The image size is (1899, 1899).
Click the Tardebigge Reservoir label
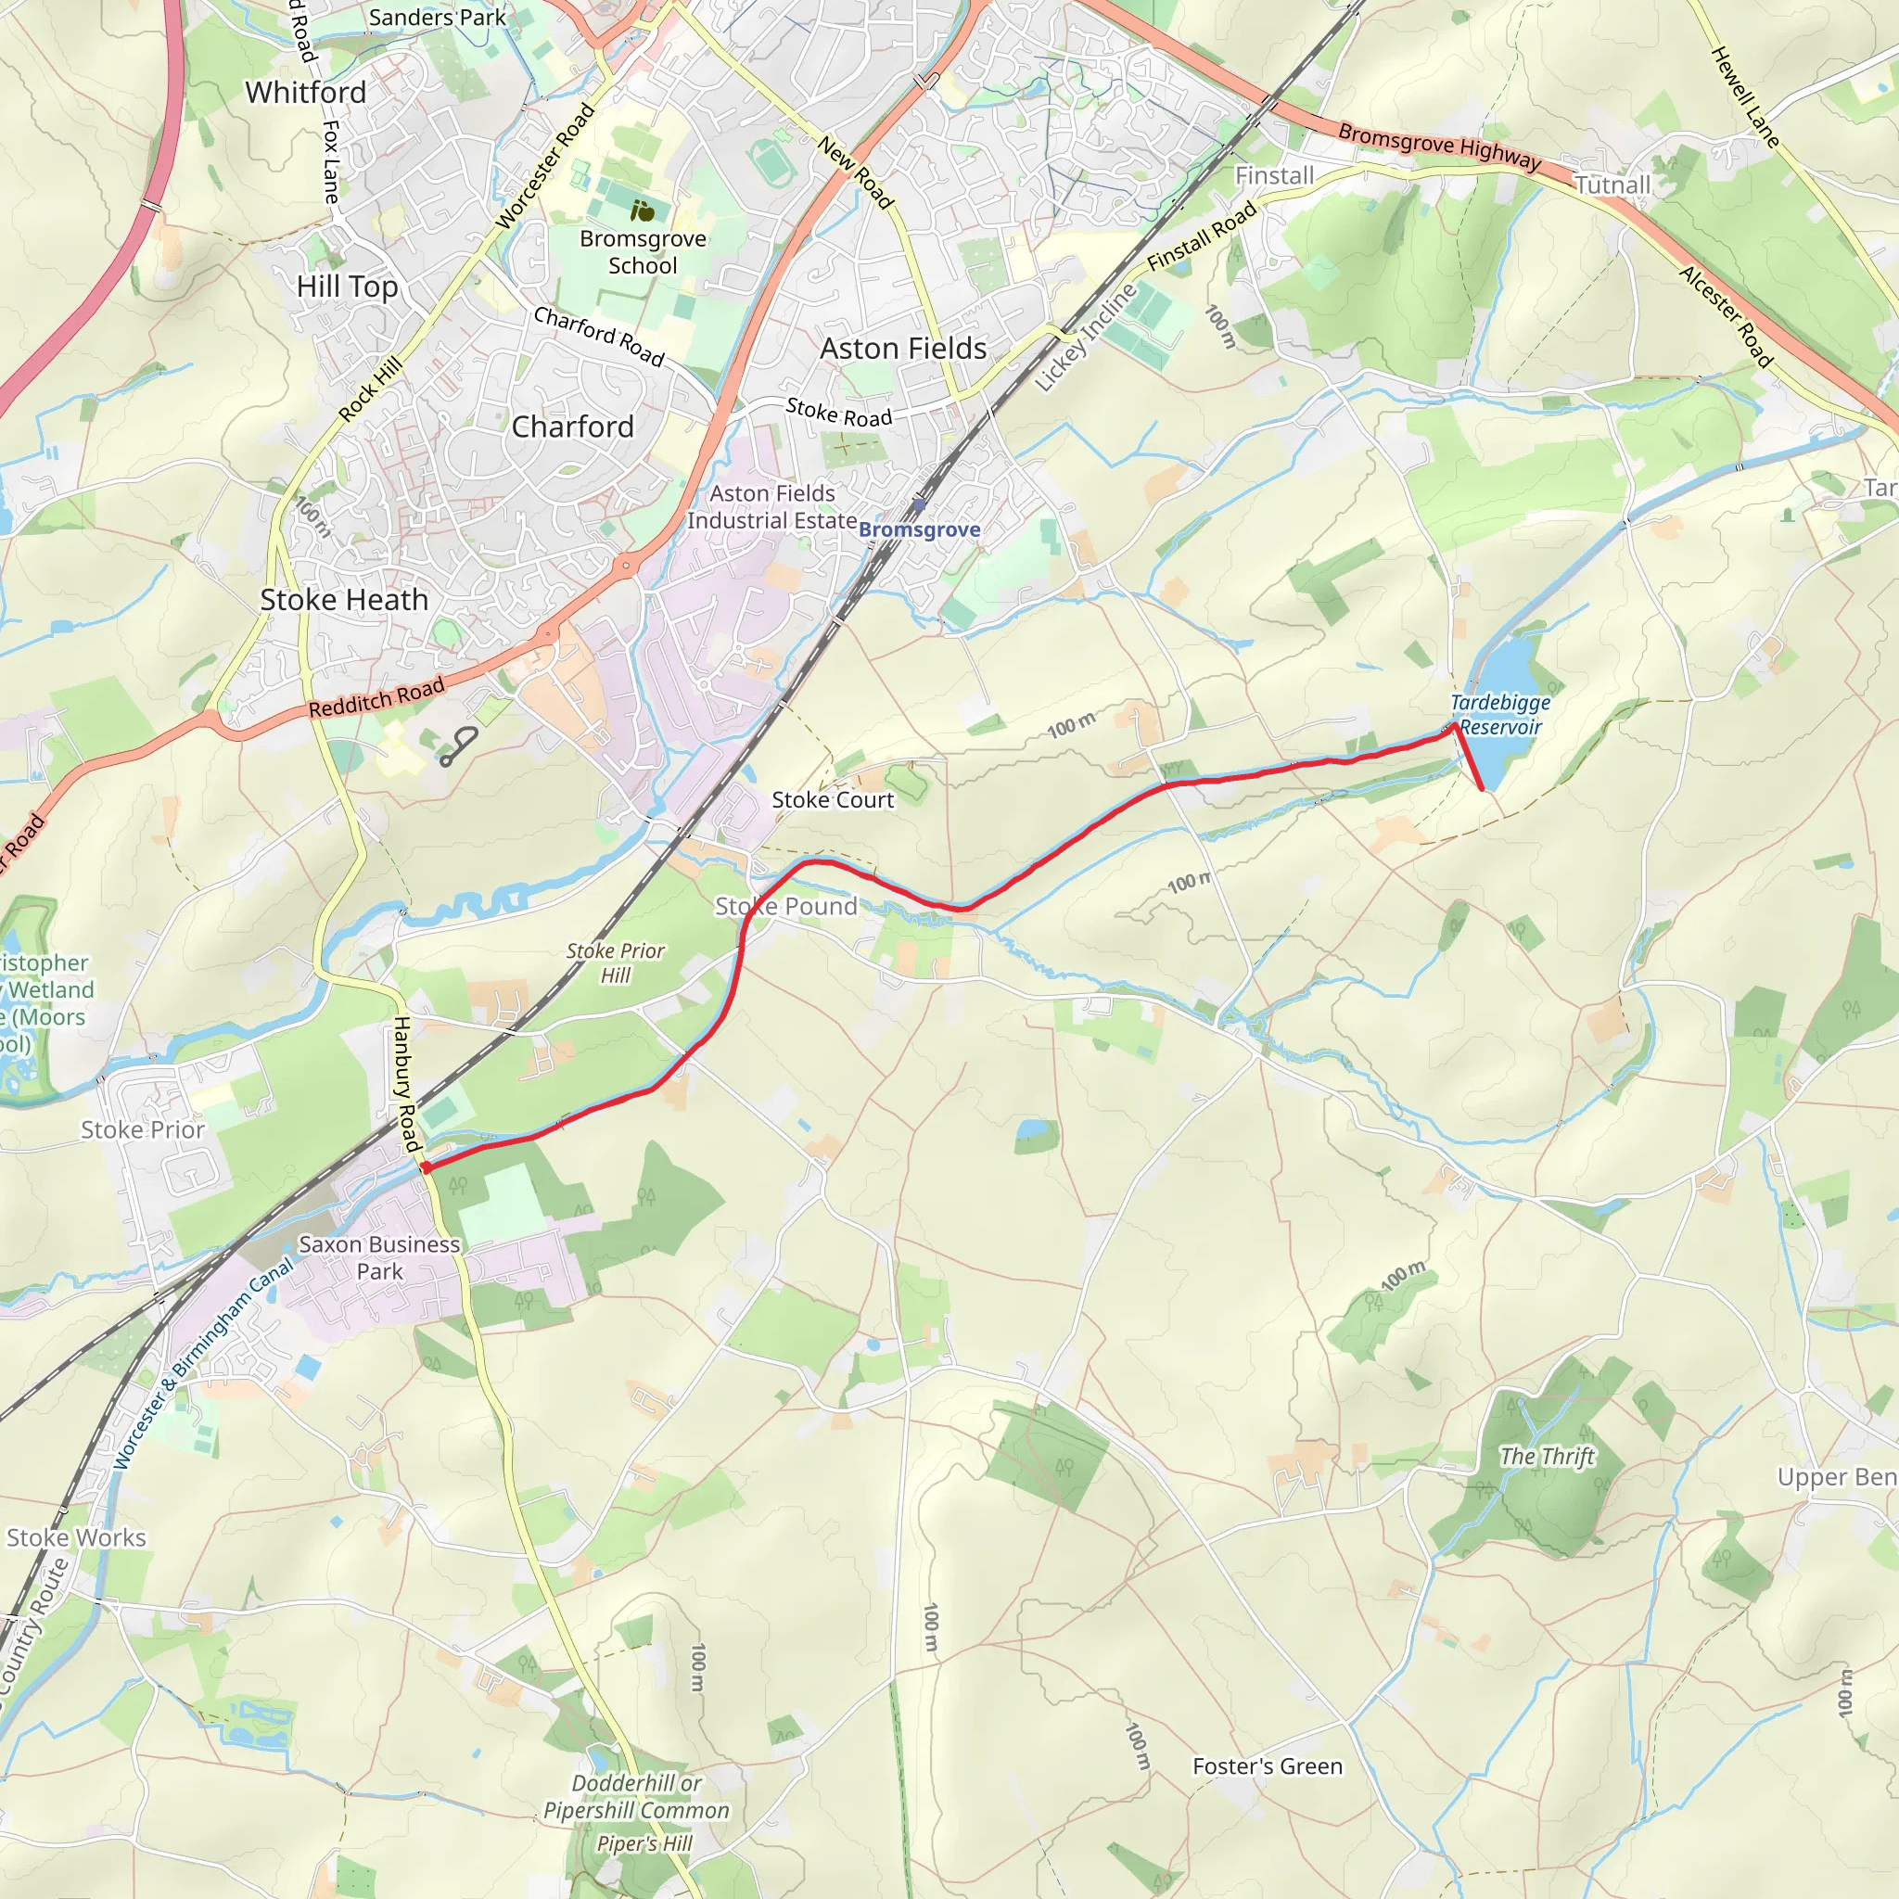coord(1500,715)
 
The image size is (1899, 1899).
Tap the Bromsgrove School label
coord(643,251)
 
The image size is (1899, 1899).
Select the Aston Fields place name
coord(903,349)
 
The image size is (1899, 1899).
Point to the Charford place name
coord(573,427)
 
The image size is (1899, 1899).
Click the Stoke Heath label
coord(344,600)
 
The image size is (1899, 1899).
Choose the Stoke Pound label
coord(785,906)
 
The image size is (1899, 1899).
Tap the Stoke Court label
coord(833,800)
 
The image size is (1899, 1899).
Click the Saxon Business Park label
coord(379,1257)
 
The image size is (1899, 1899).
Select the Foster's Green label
coord(1267,1766)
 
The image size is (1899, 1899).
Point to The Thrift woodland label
coord(1548,1457)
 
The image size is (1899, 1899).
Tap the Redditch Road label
coord(376,697)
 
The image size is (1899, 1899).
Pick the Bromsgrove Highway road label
coord(1439,147)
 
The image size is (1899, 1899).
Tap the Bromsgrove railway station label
coord(919,529)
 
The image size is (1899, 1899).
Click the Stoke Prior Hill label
coord(616,963)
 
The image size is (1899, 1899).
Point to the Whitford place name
coord(306,93)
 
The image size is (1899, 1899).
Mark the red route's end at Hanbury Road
coord(426,1167)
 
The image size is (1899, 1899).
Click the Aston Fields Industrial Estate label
coord(771,507)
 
